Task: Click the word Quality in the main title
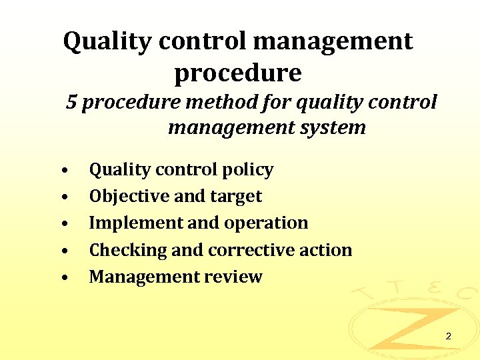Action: (x=106, y=41)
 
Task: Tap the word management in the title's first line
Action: (x=333, y=41)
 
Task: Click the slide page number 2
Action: (x=448, y=336)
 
